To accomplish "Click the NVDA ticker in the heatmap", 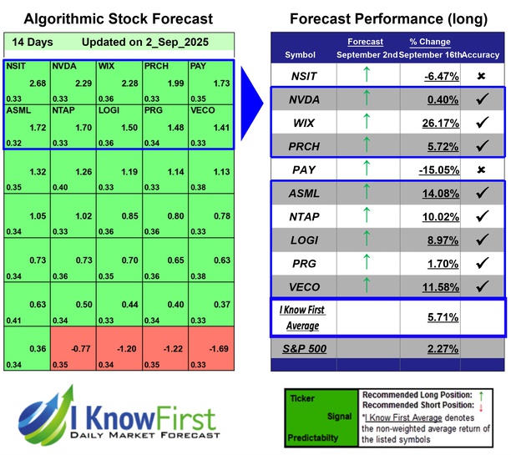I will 63,66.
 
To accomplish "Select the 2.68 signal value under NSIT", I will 35,83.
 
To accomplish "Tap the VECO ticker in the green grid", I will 201,109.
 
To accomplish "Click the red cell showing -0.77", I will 73,351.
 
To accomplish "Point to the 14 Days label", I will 29,42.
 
